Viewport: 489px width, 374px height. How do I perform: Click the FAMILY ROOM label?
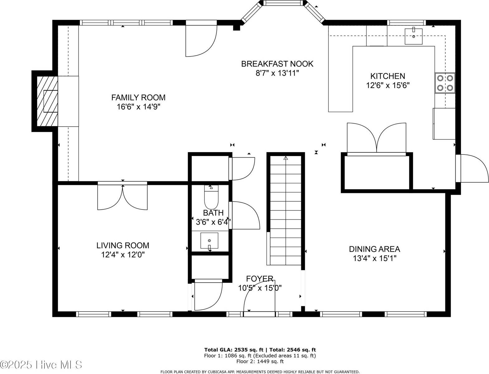click(138, 97)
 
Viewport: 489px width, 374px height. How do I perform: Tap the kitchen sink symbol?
click(414, 36)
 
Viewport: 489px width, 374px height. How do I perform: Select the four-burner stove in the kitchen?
click(445, 83)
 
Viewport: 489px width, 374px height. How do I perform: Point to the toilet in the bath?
click(211, 197)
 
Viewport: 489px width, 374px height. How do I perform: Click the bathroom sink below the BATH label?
click(209, 240)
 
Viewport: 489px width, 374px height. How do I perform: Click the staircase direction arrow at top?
click(285, 158)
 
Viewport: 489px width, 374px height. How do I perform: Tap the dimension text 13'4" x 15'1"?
click(374, 258)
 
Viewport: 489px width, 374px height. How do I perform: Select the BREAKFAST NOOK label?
click(277, 64)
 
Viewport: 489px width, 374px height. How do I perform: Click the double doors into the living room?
click(122, 197)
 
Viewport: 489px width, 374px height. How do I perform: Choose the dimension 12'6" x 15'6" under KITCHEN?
click(388, 85)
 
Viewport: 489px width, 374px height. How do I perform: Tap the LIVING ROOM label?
click(123, 245)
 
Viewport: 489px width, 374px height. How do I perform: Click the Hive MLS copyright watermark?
click(41, 364)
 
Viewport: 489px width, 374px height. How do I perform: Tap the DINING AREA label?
click(374, 249)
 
